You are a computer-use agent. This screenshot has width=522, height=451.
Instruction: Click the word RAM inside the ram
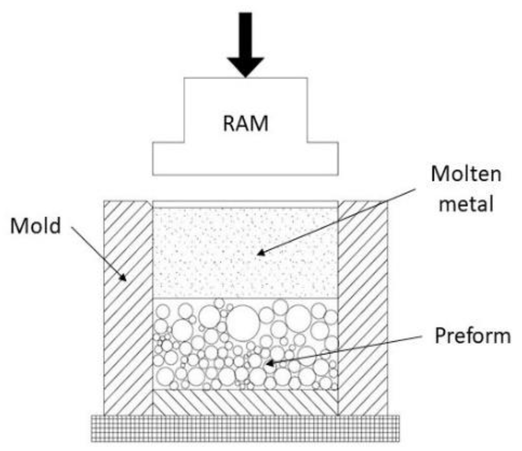click(245, 124)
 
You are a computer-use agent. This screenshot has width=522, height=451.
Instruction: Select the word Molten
click(466, 174)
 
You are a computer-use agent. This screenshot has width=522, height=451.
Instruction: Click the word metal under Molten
click(466, 203)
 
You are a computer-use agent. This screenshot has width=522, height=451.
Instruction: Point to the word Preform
click(473, 336)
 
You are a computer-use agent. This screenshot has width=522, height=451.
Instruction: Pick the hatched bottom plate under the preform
click(245, 402)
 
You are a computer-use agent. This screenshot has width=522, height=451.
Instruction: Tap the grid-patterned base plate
click(245, 428)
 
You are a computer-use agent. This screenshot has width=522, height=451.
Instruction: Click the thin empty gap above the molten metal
click(245, 204)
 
